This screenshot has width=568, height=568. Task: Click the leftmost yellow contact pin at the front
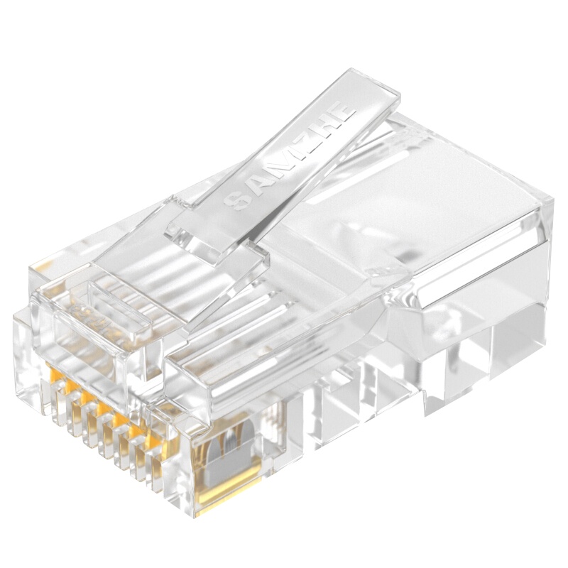55,373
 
